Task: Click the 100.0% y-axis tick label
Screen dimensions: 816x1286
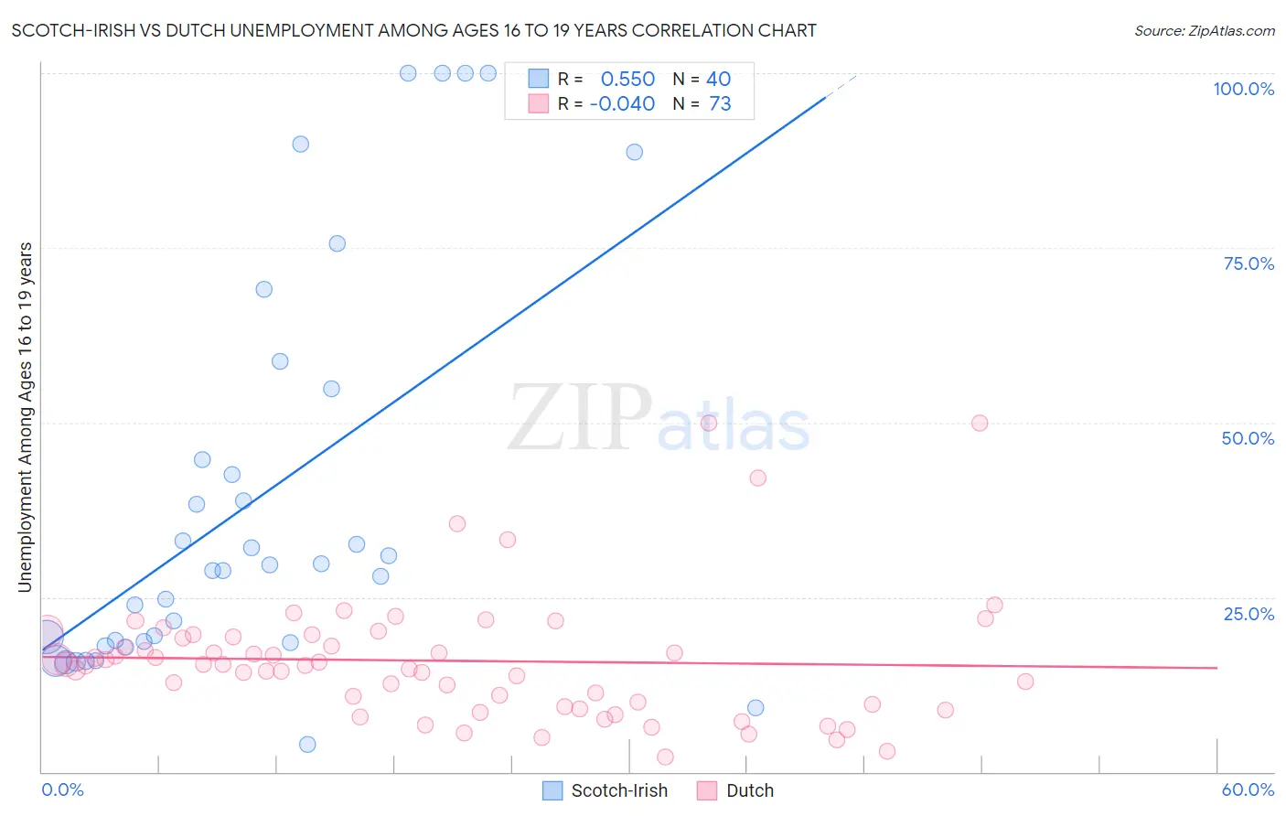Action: (1243, 89)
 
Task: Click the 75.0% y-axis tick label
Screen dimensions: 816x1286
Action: (1248, 263)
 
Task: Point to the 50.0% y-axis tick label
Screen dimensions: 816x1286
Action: (1248, 438)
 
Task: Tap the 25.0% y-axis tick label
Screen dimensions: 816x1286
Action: (1248, 614)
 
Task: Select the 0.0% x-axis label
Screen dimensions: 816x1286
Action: (62, 789)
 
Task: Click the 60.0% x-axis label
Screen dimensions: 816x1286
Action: (1248, 789)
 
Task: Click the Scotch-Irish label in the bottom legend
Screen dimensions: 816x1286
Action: (619, 790)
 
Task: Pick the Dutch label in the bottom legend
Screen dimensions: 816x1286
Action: (750, 790)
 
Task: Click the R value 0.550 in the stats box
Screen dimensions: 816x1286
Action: (627, 80)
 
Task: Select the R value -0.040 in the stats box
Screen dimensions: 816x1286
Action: (622, 104)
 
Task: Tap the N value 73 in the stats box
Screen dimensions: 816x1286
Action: (720, 104)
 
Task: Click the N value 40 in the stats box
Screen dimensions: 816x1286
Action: (718, 80)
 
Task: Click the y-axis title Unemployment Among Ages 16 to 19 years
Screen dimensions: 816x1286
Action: (26, 417)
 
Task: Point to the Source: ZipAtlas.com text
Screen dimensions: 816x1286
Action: (1205, 31)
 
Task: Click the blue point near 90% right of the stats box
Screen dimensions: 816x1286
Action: (635, 152)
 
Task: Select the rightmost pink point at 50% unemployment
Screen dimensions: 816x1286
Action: (980, 423)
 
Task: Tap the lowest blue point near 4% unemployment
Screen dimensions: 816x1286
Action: (307, 745)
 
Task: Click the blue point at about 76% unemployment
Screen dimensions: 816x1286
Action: (338, 243)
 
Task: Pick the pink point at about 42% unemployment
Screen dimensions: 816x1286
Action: (757, 478)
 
